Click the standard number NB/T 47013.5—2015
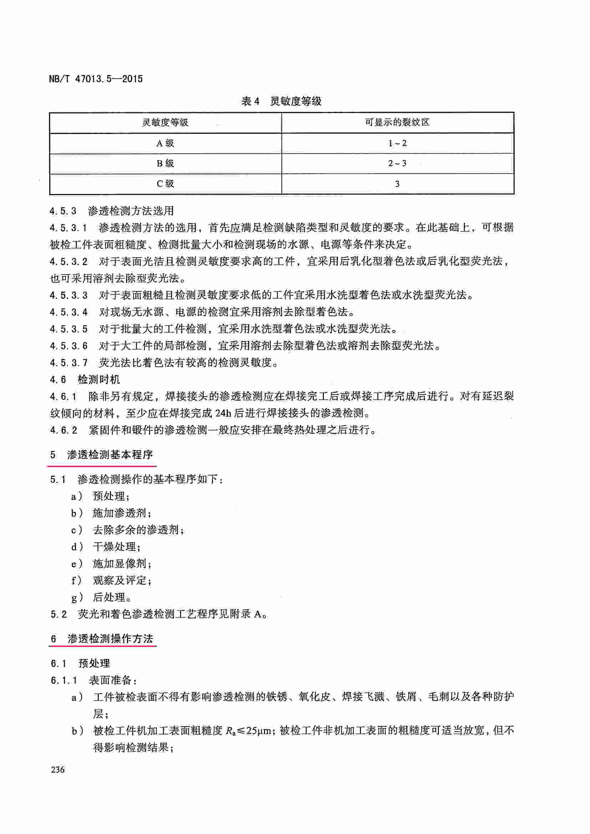(x=96, y=79)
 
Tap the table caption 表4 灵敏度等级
(x=281, y=101)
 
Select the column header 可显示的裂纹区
(x=397, y=122)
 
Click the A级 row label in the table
(x=165, y=143)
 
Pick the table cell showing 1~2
(x=397, y=143)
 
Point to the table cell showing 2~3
(x=397, y=163)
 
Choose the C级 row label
(x=165, y=184)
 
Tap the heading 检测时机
(x=99, y=380)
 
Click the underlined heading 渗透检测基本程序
(x=110, y=454)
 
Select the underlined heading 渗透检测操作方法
(x=111, y=639)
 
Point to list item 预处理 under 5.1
(x=109, y=496)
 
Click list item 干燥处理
(x=114, y=547)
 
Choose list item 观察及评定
(x=119, y=580)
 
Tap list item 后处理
(x=109, y=597)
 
